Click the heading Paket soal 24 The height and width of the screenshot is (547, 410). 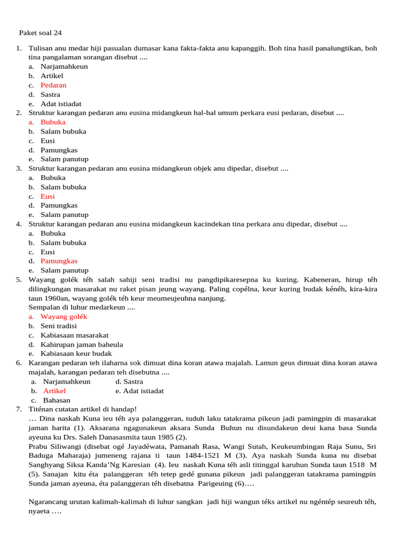44,33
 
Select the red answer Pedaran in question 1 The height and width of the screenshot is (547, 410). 53,85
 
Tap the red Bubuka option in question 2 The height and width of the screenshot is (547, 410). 53,122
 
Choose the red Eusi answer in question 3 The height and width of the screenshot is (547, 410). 48,196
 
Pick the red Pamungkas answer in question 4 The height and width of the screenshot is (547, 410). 59,261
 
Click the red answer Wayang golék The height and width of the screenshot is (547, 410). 64,317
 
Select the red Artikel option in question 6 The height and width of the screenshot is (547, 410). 54,391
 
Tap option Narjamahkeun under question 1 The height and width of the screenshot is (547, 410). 64,67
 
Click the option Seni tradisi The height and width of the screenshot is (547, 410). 59,326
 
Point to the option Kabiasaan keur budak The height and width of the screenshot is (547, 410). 76,354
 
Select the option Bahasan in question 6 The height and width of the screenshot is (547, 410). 57,400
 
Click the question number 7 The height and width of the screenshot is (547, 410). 19,409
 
